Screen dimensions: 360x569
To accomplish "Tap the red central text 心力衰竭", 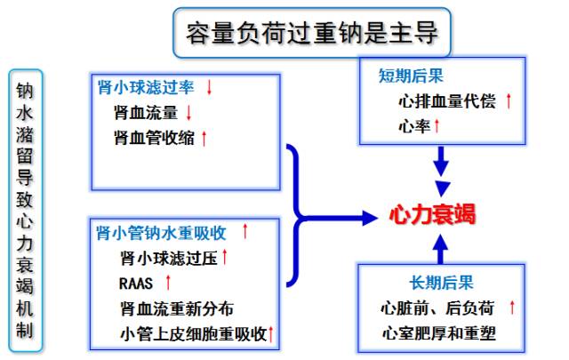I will point(432,214).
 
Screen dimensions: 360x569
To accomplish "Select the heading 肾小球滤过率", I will point(146,88).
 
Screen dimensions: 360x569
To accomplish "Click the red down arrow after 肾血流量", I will point(189,113).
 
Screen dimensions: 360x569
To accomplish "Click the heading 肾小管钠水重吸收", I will point(161,234).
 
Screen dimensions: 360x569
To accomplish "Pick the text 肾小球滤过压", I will point(168,259).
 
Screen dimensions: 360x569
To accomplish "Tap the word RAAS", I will point(136,284).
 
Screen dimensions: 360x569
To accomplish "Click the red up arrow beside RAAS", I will point(167,284).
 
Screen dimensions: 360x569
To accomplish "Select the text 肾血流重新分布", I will point(177,308).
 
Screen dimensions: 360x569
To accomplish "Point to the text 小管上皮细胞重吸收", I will point(192,334).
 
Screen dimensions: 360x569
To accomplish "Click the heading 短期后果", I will point(406,76).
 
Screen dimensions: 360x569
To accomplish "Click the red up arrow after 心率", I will point(437,127).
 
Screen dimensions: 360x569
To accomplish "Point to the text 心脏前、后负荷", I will point(437,308).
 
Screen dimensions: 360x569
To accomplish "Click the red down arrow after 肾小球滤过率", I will point(210,88).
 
